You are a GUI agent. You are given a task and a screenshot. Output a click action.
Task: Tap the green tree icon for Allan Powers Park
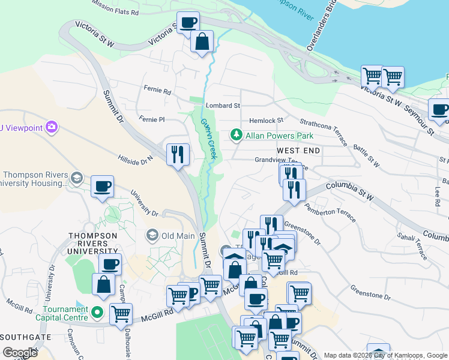coord(237,136)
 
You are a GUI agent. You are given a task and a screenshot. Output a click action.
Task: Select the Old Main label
coord(178,235)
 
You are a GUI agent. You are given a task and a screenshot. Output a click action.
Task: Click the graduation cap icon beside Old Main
coord(152,235)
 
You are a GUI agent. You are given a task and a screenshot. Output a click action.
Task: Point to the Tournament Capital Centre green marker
coord(98,312)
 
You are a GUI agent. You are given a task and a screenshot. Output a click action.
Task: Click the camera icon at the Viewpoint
coord(52,127)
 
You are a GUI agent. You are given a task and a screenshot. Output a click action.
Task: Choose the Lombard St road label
coord(223,106)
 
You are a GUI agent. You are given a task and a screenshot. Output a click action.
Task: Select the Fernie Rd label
coord(157,90)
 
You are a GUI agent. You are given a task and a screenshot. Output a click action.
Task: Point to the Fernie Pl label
coord(151,119)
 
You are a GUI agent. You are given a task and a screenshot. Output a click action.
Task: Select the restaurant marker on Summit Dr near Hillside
coord(178,155)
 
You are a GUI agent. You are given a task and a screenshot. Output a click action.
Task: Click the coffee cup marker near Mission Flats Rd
coord(188,23)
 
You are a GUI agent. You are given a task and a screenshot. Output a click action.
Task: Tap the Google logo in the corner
coord(20,352)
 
